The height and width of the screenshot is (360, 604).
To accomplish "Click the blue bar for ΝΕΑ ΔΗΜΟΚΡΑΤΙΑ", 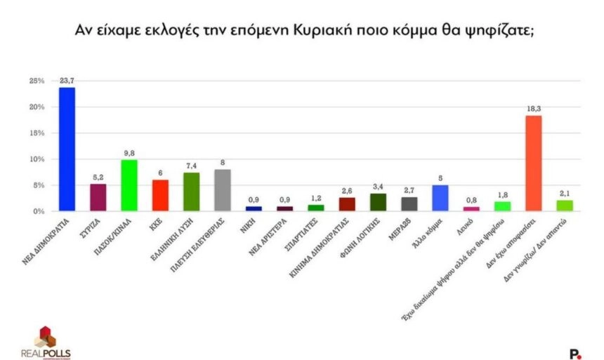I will click(67, 149).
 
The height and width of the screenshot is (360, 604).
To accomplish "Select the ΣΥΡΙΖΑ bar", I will click(98, 197).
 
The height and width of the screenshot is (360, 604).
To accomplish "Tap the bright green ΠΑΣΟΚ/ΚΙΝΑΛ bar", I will click(129, 185).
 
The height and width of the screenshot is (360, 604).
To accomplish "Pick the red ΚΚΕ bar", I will click(160, 195).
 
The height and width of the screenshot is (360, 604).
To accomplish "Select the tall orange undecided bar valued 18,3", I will click(534, 163).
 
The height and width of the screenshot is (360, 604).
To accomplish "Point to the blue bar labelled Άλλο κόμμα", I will click(440, 198).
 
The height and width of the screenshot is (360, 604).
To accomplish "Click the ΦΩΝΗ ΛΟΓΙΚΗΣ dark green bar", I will click(378, 202).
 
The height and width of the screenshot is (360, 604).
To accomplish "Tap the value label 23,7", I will click(67, 81).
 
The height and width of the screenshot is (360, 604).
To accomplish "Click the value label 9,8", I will click(129, 154).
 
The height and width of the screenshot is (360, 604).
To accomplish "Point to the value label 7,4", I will click(192, 166).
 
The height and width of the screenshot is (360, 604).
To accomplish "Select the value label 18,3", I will click(534, 109).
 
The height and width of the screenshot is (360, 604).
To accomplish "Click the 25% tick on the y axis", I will click(36, 81).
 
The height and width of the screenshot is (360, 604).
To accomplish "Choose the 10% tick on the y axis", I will click(36, 159).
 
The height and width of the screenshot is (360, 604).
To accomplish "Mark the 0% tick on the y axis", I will click(39, 211).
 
